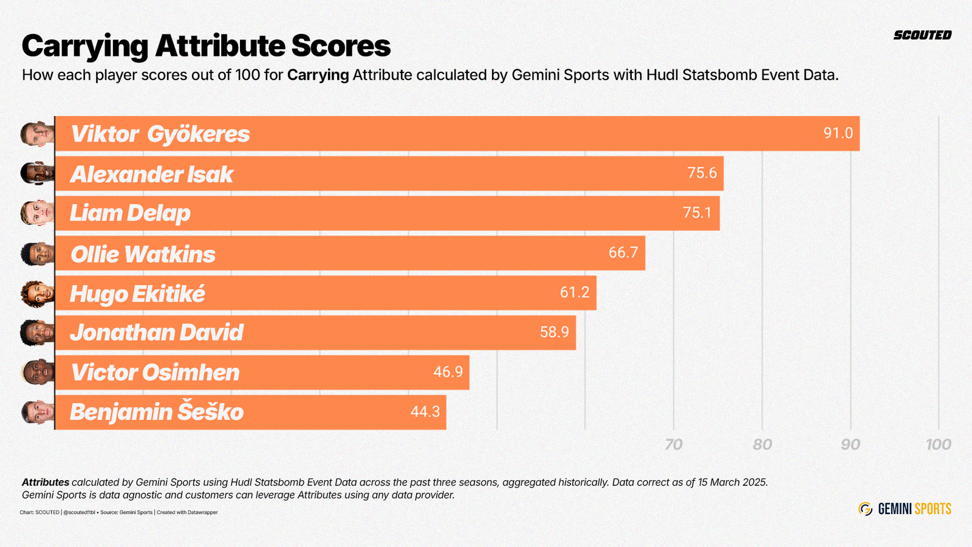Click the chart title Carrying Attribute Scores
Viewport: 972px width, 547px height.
click(206, 46)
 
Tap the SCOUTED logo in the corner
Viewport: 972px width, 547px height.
click(922, 35)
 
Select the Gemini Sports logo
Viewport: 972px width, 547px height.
click(905, 509)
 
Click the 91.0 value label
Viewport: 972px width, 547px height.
click(838, 133)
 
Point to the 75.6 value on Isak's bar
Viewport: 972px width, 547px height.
click(702, 173)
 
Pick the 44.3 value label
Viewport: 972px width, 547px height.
click(425, 412)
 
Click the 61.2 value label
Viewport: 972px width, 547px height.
click(574, 293)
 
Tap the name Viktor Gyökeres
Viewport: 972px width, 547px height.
click(160, 134)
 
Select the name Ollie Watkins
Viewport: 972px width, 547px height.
click(143, 254)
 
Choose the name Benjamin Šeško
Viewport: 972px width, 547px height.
click(156, 412)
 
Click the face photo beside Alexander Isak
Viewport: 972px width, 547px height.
click(37, 173)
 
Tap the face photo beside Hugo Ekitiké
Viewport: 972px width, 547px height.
click(37, 293)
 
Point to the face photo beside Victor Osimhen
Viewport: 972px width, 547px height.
click(37, 372)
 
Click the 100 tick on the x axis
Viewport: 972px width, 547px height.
click(938, 444)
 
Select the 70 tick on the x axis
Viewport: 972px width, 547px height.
click(673, 444)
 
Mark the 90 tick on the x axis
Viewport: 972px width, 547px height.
click(850, 444)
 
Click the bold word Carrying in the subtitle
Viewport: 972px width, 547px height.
click(318, 75)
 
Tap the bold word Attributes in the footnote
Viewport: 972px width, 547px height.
click(45, 483)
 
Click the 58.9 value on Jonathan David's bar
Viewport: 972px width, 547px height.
click(554, 332)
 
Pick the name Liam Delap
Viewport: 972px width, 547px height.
click(130, 213)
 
